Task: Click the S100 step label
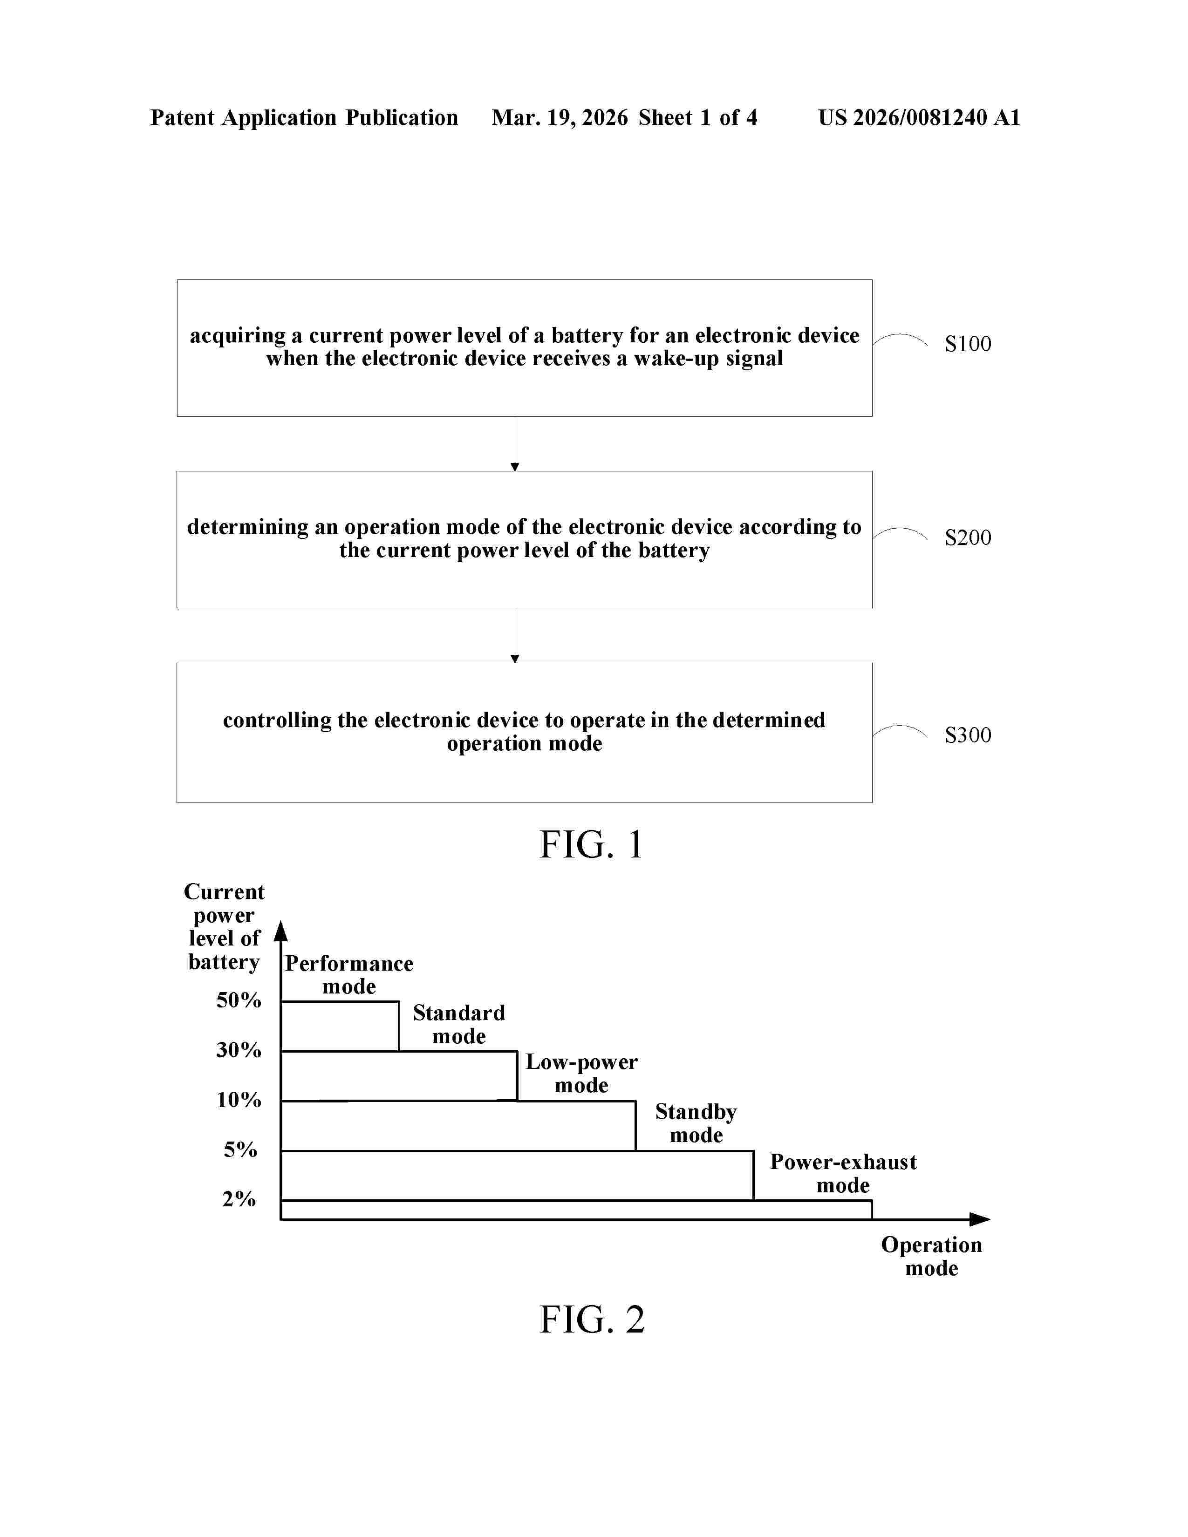tap(968, 344)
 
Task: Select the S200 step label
tap(968, 537)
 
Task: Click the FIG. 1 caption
tap(591, 844)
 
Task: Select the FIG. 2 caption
tap(592, 1319)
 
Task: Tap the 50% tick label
tap(239, 1000)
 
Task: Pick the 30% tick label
tap(239, 1050)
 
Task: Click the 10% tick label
tap(239, 1100)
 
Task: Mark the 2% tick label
tap(239, 1199)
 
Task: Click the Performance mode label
tap(349, 975)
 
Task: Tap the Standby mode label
tap(696, 1123)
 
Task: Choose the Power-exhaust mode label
tap(843, 1173)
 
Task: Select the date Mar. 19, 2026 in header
tap(560, 117)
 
